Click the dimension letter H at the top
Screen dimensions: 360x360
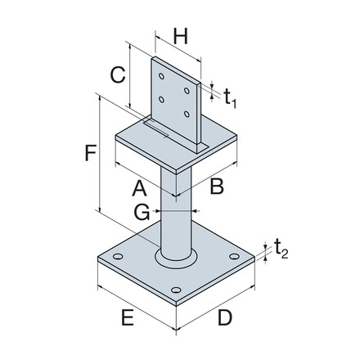(x=182, y=36)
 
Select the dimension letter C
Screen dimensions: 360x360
(x=117, y=75)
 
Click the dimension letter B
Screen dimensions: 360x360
(x=216, y=187)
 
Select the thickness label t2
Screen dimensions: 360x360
(x=280, y=246)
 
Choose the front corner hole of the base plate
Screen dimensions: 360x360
(x=174, y=290)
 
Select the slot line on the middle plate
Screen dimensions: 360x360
(x=155, y=126)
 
